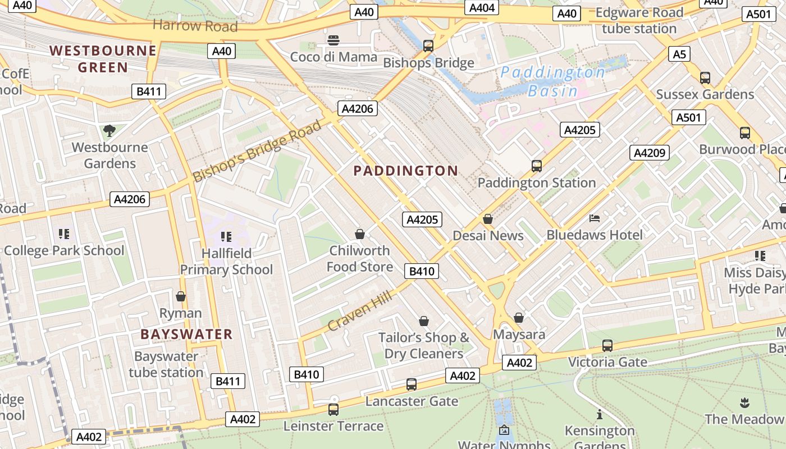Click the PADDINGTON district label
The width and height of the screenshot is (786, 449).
point(405,171)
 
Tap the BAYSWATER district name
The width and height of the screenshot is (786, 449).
point(186,334)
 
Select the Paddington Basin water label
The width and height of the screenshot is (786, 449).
point(552,81)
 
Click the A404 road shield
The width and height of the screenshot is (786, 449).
point(482,7)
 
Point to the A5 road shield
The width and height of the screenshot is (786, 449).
point(679,54)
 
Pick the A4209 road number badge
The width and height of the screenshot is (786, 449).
point(650,153)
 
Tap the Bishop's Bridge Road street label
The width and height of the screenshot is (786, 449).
point(257,150)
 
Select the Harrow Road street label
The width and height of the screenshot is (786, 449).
point(195,25)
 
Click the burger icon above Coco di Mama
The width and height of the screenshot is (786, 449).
point(333,40)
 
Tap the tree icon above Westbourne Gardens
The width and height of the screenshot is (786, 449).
point(109,131)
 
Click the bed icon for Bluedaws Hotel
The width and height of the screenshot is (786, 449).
point(595,218)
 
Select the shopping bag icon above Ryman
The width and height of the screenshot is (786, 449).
point(181,296)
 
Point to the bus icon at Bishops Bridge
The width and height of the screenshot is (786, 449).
point(428,46)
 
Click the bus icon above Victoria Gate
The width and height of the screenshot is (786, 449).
point(607,346)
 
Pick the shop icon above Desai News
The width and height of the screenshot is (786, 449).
point(488,219)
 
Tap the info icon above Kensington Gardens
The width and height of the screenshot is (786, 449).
point(600,414)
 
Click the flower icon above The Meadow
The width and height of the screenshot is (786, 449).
point(744,402)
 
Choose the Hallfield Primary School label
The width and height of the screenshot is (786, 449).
point(226,262)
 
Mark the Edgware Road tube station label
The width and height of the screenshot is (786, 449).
point(639,21)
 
